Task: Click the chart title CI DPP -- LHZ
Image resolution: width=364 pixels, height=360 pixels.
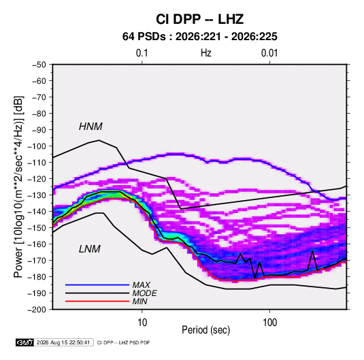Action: pos(199,19)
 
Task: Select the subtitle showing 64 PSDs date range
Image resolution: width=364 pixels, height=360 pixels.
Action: pos(199,37)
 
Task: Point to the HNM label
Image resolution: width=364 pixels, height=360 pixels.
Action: pos(90,127)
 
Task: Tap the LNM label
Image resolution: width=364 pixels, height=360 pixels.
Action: pos(90,249)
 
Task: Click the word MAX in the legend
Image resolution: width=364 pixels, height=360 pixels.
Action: pos(141,285)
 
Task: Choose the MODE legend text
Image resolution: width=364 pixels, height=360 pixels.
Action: pos(145,293)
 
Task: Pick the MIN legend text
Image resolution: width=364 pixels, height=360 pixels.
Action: pos(139,301)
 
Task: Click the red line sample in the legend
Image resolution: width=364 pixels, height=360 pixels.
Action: pos(97,301)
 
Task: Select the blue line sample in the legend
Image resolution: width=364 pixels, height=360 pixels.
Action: pos(97,284)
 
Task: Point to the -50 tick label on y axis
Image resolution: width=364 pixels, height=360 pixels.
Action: pos(39,65)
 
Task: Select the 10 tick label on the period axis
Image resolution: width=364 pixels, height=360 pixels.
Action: pos(142,323)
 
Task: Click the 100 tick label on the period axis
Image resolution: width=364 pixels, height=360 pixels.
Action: pos(269,323)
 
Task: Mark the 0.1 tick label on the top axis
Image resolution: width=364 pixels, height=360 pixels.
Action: pos(142,53)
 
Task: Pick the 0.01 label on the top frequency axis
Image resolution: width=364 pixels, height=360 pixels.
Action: pos(269,53)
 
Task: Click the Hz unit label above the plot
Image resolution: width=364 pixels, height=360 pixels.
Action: pos(206,53)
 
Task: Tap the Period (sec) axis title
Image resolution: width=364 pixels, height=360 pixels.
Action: pos(206,330)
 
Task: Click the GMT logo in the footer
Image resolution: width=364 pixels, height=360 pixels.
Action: pos(25,342)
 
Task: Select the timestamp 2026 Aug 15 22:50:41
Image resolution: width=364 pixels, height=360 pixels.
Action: pos(63,342)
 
